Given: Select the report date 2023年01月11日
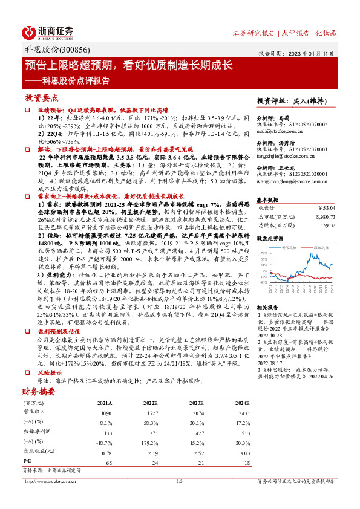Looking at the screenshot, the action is click(x=312, y=53).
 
